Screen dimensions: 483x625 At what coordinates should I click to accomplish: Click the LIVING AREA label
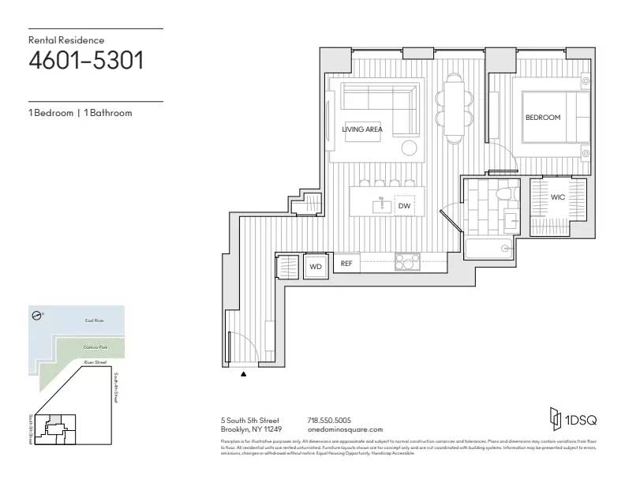tap(362, 129)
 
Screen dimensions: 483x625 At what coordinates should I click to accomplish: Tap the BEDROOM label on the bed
tap(543, 118)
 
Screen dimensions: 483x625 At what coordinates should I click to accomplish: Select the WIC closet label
tap(557, 197)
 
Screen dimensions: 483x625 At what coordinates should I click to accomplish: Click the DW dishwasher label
tap(404, 206)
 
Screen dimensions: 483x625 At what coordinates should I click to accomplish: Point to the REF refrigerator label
tap(346, 264)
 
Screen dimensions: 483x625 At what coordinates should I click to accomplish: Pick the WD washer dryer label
tap(316, 267)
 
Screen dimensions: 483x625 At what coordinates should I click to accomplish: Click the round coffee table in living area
tap(410, 148)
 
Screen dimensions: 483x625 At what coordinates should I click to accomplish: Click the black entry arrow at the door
tap(243, 375)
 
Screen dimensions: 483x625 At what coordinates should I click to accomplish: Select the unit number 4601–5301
tap(86, 60)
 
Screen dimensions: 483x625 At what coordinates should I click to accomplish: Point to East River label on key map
tap(94, 321)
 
